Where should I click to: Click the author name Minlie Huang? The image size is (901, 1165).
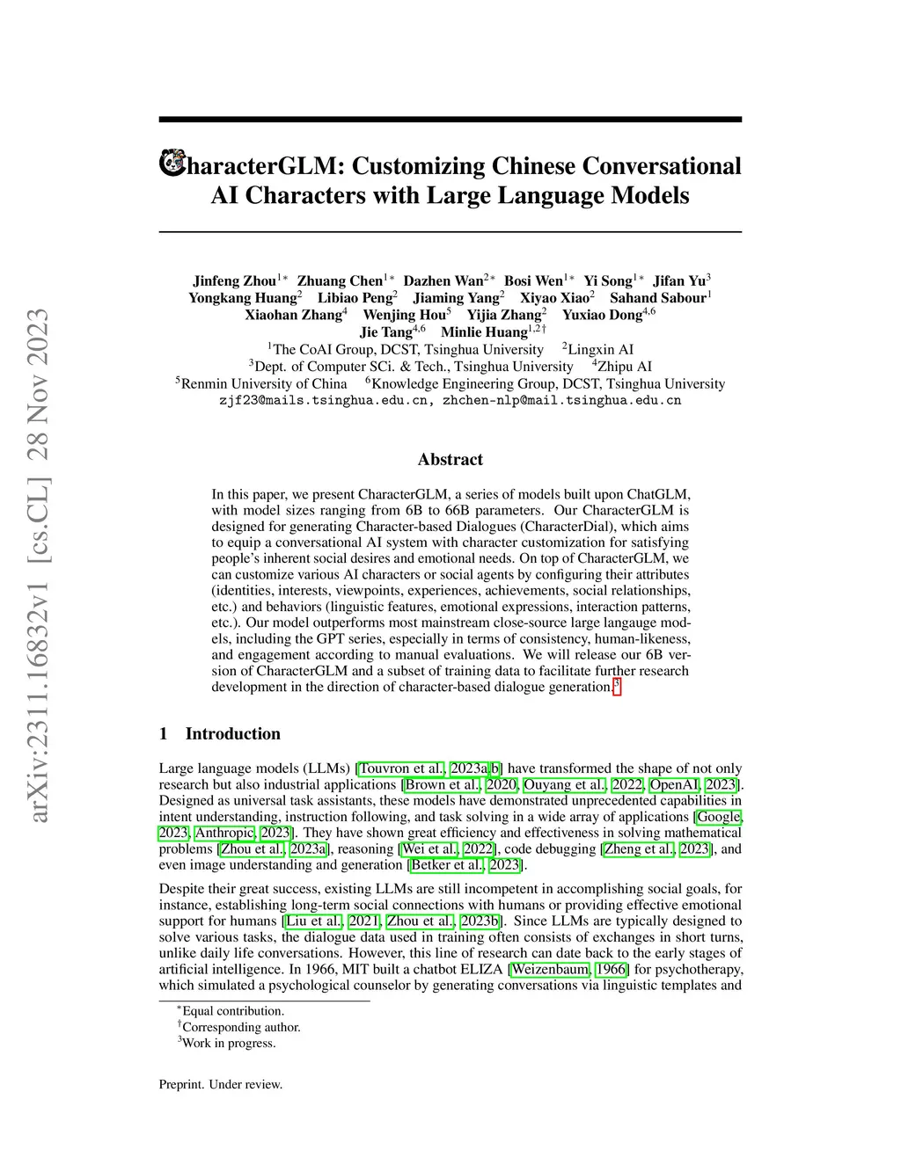(483, 332)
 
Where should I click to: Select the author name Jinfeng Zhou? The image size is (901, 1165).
(234, 281)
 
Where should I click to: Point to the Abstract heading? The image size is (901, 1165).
(450, 459)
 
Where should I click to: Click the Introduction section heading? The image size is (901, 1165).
(232, 734)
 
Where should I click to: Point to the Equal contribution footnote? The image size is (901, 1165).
(232, 1011)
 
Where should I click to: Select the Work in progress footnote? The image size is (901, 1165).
(229, 1044)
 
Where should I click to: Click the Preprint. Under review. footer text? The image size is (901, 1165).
(221, 1084)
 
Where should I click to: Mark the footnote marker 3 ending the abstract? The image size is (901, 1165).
(617, 686)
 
